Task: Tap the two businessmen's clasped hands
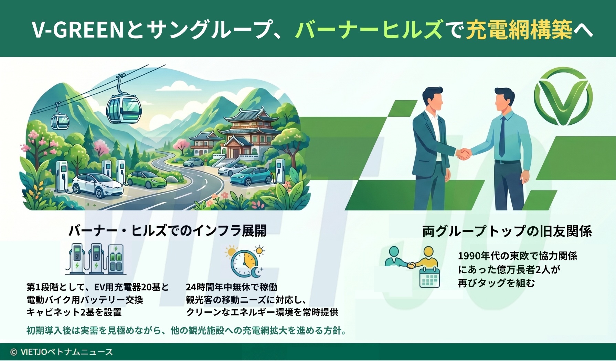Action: pos(464,154)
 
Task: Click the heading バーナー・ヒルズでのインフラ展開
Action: pos(168,231)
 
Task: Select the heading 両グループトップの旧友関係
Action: pos(507,231)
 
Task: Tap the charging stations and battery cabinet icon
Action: pos(96,259)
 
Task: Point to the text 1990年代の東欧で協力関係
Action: pos(518,256)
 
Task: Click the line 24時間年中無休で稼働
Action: pos(231,287)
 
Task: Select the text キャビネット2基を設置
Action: pos(74,312)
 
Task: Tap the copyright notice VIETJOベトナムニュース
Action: pos(62,352)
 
